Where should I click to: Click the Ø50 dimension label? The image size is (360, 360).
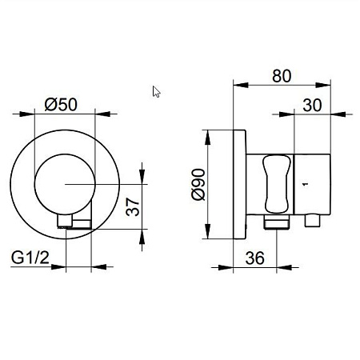pyautogui.click(x=61, y=104)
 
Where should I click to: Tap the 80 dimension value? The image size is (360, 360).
pyautogui.click(x=282, y=76)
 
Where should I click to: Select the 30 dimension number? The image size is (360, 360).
pyautogui.click(x=312, y=105)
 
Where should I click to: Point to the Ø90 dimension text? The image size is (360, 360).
pyautogui.click(x=198, y=184)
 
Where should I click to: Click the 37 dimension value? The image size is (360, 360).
pyautogui.click(x=133, y=206)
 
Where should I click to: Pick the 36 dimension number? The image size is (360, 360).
pyautogui.click(x=255, y=258)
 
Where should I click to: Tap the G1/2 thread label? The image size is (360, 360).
pyautogui.click(x=30, y=258)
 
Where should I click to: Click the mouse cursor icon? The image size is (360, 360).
pyautogui.click(x=156, y=92)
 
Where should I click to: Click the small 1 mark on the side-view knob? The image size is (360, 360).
pyautogui.click(x=306, y=184)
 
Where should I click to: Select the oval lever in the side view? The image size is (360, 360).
pyautogui.click(x=276, y=185)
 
